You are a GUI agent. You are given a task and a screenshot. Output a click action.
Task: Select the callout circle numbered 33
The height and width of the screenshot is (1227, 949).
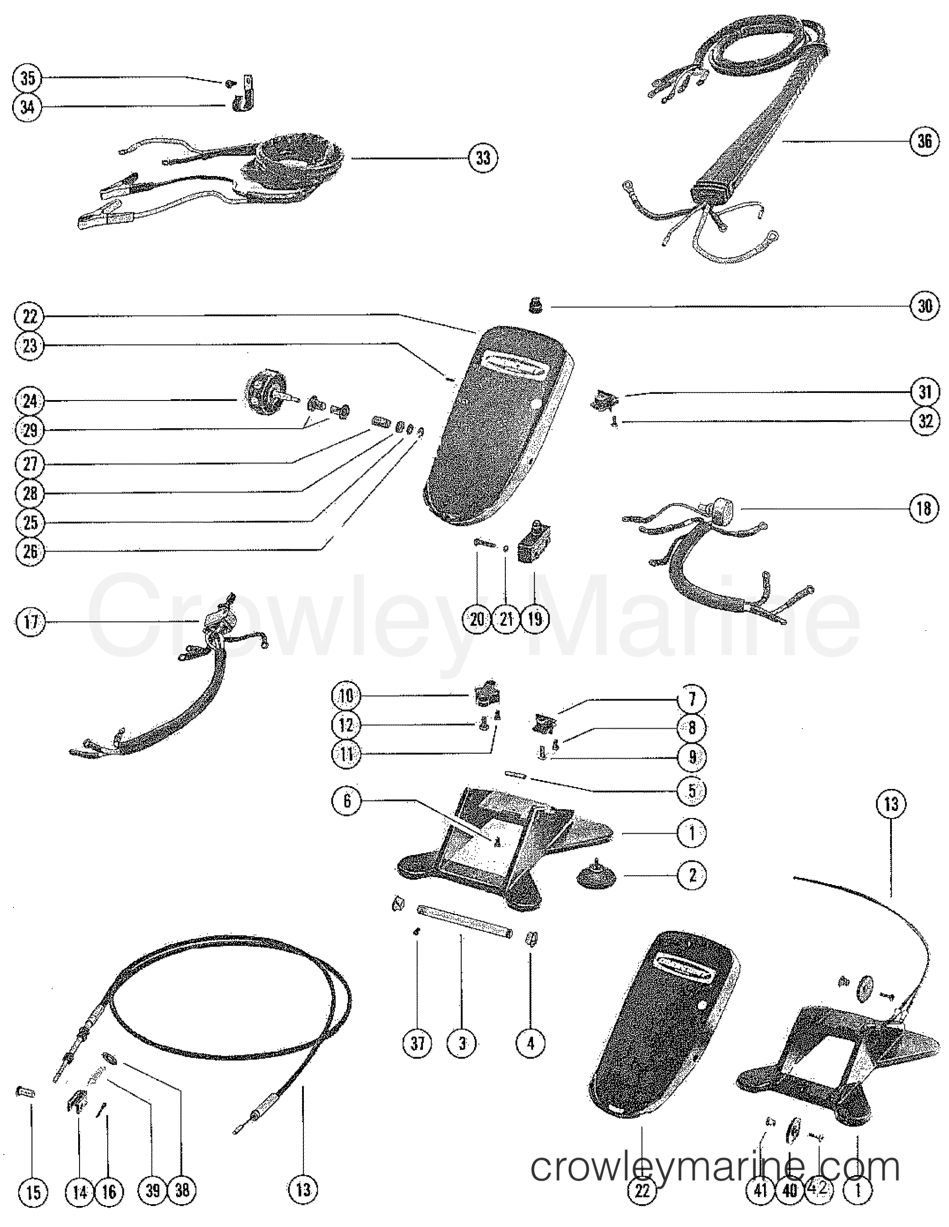pyautogui.click(x=483, y=158)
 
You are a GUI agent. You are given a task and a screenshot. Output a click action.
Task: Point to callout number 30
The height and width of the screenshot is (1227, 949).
pyautogui.click(x=924, y=306)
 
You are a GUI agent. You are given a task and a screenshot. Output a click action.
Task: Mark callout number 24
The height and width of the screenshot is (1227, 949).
pyautogui.click(x=30, y=401)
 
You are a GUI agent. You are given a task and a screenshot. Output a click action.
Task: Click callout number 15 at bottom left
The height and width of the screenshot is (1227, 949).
pyautogui.click(x=33, y=1191)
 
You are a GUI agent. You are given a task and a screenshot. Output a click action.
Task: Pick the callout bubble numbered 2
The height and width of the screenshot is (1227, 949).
pyautogui.click(x=692, y=875)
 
